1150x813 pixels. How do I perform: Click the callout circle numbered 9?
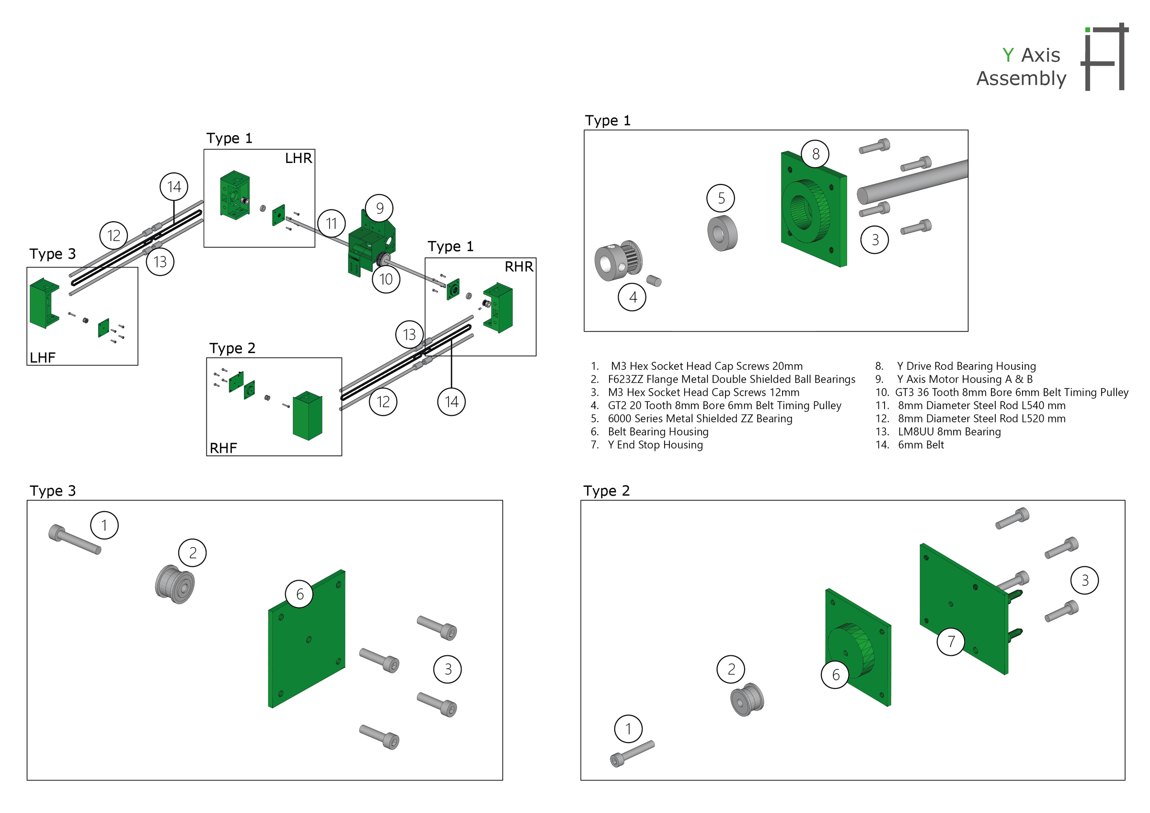379,208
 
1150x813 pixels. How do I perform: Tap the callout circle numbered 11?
332,223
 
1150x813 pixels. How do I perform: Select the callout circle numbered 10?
386,279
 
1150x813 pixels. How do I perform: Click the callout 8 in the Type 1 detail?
816,154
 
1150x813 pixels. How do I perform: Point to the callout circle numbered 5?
721,198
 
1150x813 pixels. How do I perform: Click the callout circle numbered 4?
632,297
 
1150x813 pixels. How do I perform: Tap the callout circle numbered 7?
951,641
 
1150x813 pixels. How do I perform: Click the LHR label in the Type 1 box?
299,158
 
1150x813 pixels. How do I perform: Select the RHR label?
519,266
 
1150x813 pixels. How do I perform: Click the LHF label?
43,358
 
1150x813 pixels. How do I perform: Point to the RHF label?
223,448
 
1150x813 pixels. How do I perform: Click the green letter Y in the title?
1008,55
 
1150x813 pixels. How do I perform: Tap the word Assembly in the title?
1021,79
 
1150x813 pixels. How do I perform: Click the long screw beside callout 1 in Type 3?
75,539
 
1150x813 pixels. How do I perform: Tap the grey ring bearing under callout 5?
722,233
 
